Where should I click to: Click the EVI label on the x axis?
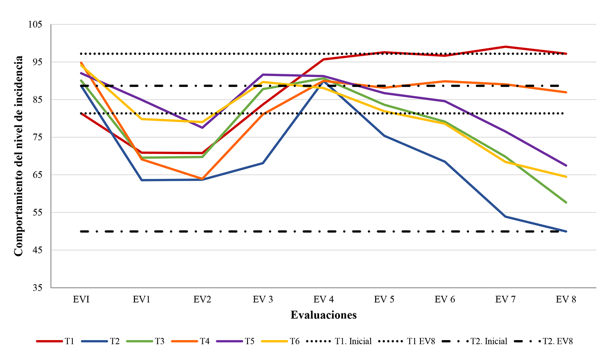81,299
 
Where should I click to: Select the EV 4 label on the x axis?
324,299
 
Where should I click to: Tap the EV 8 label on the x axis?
566,299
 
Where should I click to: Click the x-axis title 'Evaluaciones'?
323,315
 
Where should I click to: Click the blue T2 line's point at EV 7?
506,216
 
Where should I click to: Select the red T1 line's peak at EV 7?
506,47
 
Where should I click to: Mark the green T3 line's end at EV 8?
566,202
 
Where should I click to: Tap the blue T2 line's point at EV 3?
263,163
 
